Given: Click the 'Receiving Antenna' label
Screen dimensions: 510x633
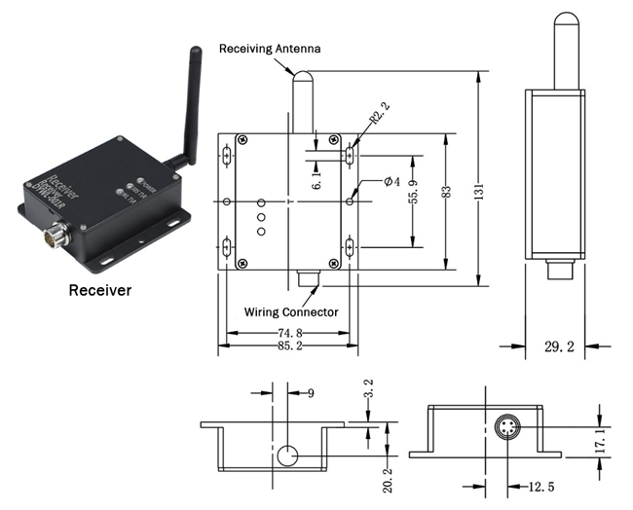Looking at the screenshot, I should pos(269,48).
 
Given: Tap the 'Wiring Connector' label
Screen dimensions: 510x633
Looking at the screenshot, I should pos(291,312).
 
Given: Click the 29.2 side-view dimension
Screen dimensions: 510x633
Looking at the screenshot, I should pos(555,345).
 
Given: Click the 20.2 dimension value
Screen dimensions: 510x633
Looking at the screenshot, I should pos(389,476).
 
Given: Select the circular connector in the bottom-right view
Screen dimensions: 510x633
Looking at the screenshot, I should pos(507,430).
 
